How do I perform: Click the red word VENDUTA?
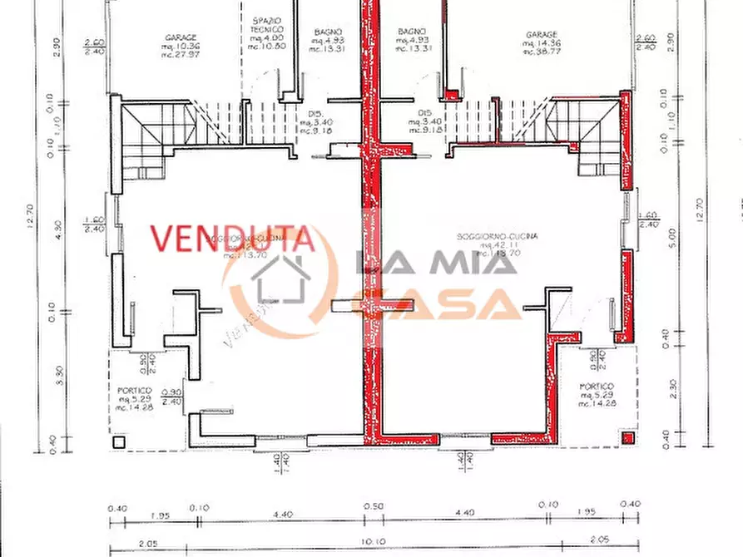(x=232, y=239)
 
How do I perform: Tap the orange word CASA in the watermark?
(x=436, y=305)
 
